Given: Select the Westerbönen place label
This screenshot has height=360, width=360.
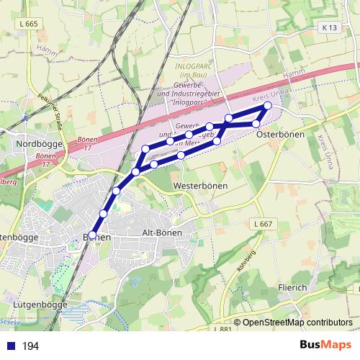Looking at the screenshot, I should (x=201, y=186).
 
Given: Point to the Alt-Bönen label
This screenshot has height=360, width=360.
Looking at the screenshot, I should (x=162, y=233).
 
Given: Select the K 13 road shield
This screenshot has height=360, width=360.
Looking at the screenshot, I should (x=330, y=27).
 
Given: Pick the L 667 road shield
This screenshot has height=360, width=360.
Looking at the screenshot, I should (x=263, y=225).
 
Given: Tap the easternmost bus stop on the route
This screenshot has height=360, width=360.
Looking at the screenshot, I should (x=268, y=106).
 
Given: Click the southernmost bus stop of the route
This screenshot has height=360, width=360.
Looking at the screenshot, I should (x=92, y=235).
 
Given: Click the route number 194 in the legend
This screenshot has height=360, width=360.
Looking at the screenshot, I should (x=30, y=346).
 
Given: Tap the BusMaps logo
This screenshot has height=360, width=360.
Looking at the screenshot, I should (x=324, y=346).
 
